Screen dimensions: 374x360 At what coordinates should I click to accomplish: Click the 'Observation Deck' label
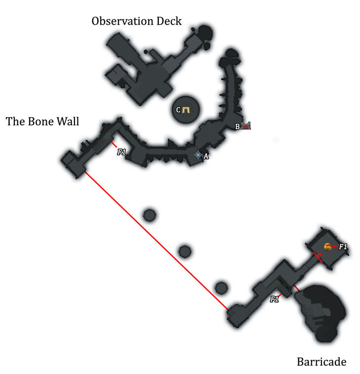point(137,21)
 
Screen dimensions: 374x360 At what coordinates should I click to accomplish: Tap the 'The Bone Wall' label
point(42,121)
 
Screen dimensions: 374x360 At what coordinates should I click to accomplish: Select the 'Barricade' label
point(322,362)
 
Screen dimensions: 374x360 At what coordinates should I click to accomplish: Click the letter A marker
point(206,156)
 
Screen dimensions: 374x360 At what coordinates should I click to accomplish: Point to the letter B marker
point(238,127)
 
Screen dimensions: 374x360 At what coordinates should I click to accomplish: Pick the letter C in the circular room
point(179,110)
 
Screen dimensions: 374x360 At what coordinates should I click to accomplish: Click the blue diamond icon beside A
point(198,155)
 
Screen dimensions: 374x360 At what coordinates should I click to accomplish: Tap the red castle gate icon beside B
point(246,126)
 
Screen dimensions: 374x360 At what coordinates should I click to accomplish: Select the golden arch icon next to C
point(186,110)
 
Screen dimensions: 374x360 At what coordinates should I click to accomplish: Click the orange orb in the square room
point(327,246)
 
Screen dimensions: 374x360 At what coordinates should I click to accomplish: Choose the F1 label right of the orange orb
point(343,246)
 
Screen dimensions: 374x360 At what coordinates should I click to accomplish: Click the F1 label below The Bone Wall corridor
point(122,152)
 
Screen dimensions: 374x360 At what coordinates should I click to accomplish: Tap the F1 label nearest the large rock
point(274,299)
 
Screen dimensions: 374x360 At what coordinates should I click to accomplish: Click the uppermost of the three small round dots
point(149,215)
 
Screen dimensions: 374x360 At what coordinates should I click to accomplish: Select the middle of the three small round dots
point(184,251)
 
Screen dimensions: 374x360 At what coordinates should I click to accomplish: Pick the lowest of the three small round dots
point(221,287)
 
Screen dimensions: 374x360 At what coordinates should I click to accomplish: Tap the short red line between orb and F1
point(334,246)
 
